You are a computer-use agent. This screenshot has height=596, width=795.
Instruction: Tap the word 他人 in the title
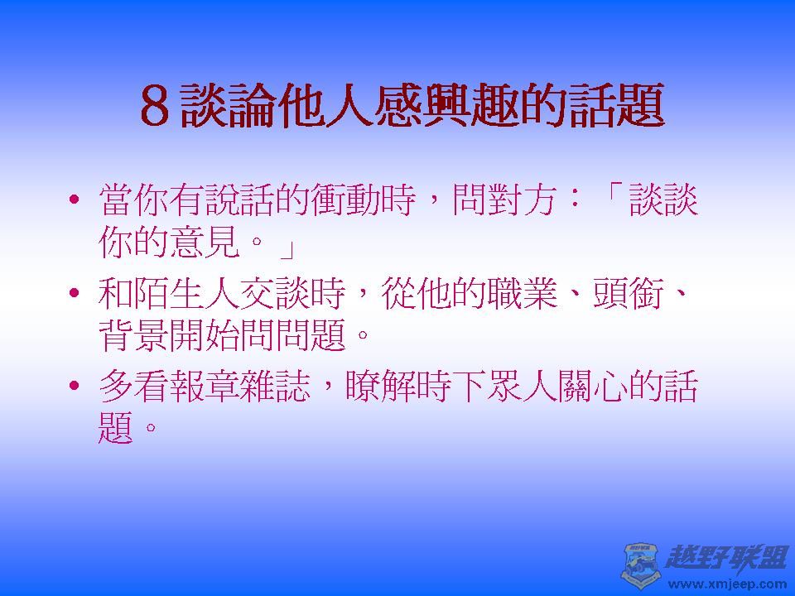[x=325, y=105]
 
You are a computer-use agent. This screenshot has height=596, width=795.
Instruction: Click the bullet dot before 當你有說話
[x=75, y=202]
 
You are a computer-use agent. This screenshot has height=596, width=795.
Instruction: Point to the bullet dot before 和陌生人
[x=75, y=296]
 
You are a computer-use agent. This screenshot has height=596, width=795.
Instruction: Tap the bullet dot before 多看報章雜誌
[x=75, y=387]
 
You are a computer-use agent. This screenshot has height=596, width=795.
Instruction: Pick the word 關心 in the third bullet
[x=592, y=387]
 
